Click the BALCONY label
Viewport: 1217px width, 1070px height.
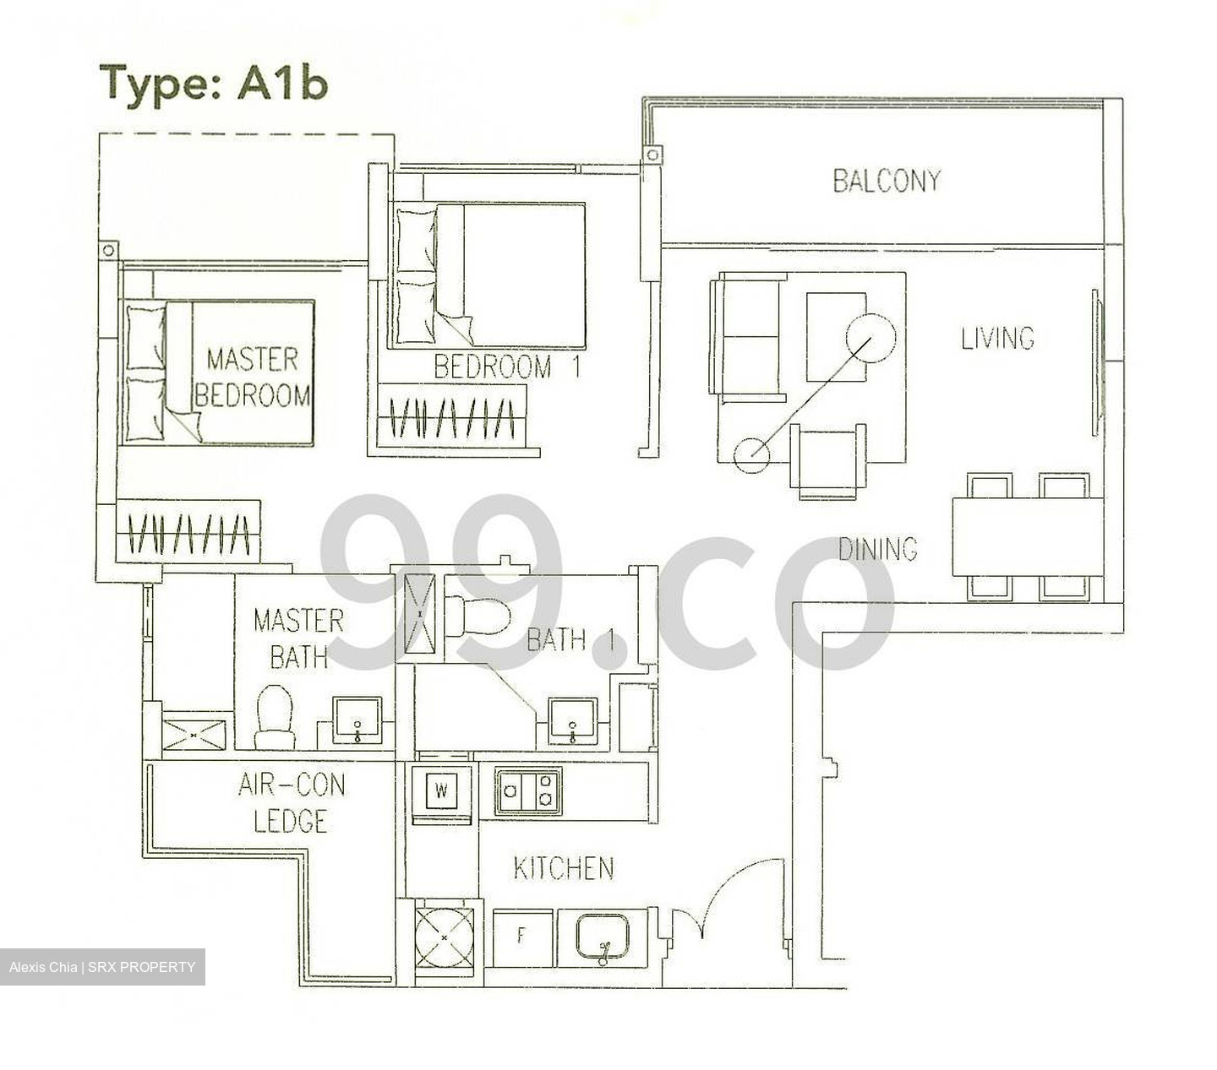[886, 180]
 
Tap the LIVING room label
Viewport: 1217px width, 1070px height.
[997, 338]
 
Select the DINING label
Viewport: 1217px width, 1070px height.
[877, 549]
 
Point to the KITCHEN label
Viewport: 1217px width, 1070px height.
[564, 868]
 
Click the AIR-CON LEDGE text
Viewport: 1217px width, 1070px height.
[292, 802]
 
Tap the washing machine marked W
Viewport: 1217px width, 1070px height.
[440, 791]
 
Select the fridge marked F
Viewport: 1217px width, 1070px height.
[521, 937]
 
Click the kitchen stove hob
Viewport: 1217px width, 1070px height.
[527, 790]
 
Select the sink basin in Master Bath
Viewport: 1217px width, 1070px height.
[357, 720]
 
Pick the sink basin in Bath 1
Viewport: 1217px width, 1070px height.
[573, 721]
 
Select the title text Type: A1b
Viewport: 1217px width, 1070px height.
[213, 83]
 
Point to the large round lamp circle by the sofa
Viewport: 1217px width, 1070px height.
[870, 338]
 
